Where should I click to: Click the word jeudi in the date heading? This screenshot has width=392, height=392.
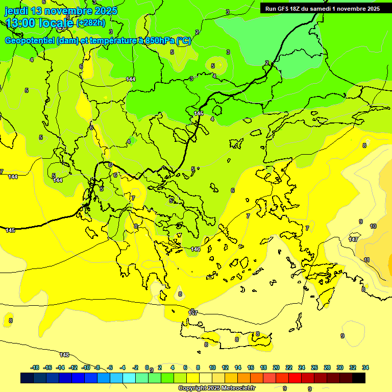pos(16,10)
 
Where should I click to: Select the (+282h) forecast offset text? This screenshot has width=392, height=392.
pos(91,22)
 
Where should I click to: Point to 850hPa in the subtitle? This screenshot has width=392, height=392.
pos(160,41)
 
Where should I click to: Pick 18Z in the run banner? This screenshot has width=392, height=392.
pos(295,9)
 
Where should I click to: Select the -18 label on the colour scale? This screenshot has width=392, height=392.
pos(35,367)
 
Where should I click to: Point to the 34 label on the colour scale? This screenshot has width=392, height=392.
pos(365,367)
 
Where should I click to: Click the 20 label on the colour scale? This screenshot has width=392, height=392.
pos(276,367)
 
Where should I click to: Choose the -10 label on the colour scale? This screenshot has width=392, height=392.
pos(86,367)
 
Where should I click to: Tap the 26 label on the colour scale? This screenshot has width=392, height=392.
pos(314,367)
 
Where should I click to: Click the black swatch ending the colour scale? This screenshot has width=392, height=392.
pos(359,378)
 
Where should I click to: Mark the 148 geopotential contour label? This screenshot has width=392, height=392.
pos(64,355)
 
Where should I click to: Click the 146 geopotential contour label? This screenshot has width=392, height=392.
pos(195,249)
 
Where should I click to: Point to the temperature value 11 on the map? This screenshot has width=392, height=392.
pos(366,260)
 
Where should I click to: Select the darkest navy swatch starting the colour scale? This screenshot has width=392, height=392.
pos(27,378)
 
